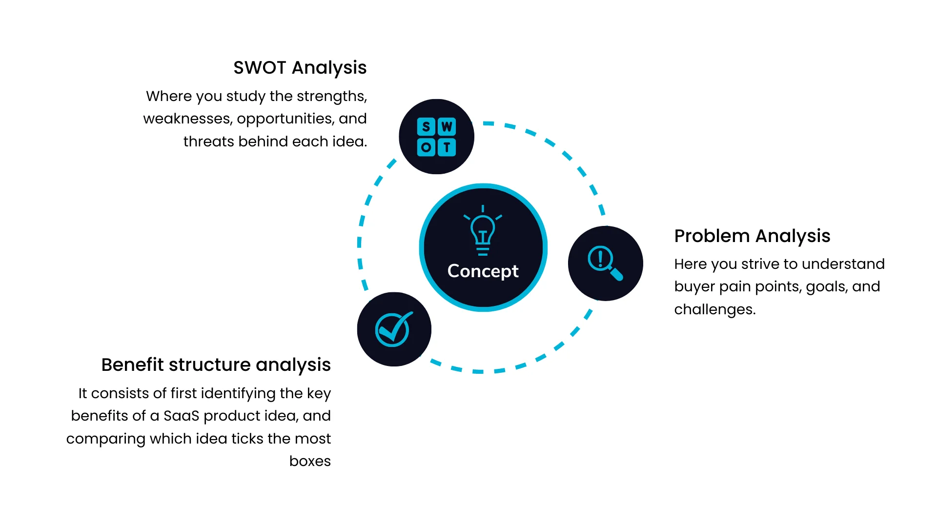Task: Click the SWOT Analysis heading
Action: pyautogui.click(x=300, y=68)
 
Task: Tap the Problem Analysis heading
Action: pyautogui.click(x=752, y=236)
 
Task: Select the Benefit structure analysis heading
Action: pyautogui.click(x=216, y=365)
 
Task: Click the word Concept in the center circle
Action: pyautogui.click(x=483, y=271)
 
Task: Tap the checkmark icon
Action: pyautogui.click(x=393, y=329)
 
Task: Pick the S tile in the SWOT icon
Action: pyautogui.click(x=426, y=127)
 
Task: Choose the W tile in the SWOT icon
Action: pyautogui.click(x=447, y=127)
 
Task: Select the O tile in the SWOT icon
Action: pyautogui.click(x=426, y=147)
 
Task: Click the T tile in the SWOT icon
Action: pyautogui.click(x=447, y=147)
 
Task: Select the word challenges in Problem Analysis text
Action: pyautogui.click(x=714, y=309)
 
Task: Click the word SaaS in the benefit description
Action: pyautogui.click(x=181, y=416)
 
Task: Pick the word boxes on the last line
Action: pyautogui.click(x=310, y=461)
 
